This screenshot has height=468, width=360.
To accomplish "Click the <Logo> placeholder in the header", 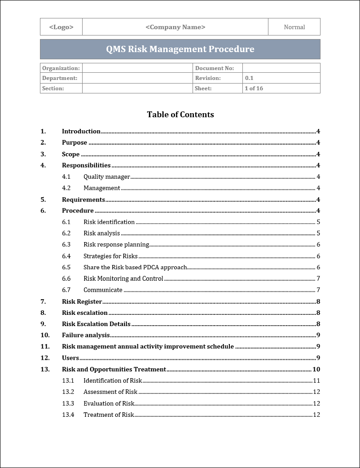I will [x=61, y=27].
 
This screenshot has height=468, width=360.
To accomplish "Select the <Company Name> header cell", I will [x=176, y=27].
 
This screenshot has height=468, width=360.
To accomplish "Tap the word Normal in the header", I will [x=294, y=27].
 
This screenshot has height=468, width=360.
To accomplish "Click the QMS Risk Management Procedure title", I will [x=180, y=49].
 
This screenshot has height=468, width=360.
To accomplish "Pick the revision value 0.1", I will [x=249, y=78].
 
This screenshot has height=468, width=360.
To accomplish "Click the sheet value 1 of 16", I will [x=254, y=88].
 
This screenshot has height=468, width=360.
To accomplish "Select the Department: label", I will [x=60, y=78].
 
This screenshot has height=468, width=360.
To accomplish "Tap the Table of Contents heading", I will [x=180, y=115].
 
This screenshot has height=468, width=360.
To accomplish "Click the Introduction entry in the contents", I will [x=81, y=132].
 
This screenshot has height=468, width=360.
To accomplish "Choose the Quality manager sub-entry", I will [x=107, y=177].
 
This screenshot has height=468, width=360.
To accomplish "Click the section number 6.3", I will [x=66, y=245].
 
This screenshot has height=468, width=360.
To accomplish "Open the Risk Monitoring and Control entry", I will [x=123, y=279].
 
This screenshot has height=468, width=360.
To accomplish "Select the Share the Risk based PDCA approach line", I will [x=135, y=268].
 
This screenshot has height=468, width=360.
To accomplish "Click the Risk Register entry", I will [x=82, y=302].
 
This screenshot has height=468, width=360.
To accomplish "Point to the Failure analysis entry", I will [x=86, y=335].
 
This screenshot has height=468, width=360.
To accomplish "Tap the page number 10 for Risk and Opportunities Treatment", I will [x=316, y=370].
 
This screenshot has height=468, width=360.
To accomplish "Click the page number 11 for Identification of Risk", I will [x=316, y=381].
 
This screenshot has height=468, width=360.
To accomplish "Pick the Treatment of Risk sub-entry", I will [x=109, y=415].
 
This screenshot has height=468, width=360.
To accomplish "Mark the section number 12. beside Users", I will [x=45, y=358].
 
